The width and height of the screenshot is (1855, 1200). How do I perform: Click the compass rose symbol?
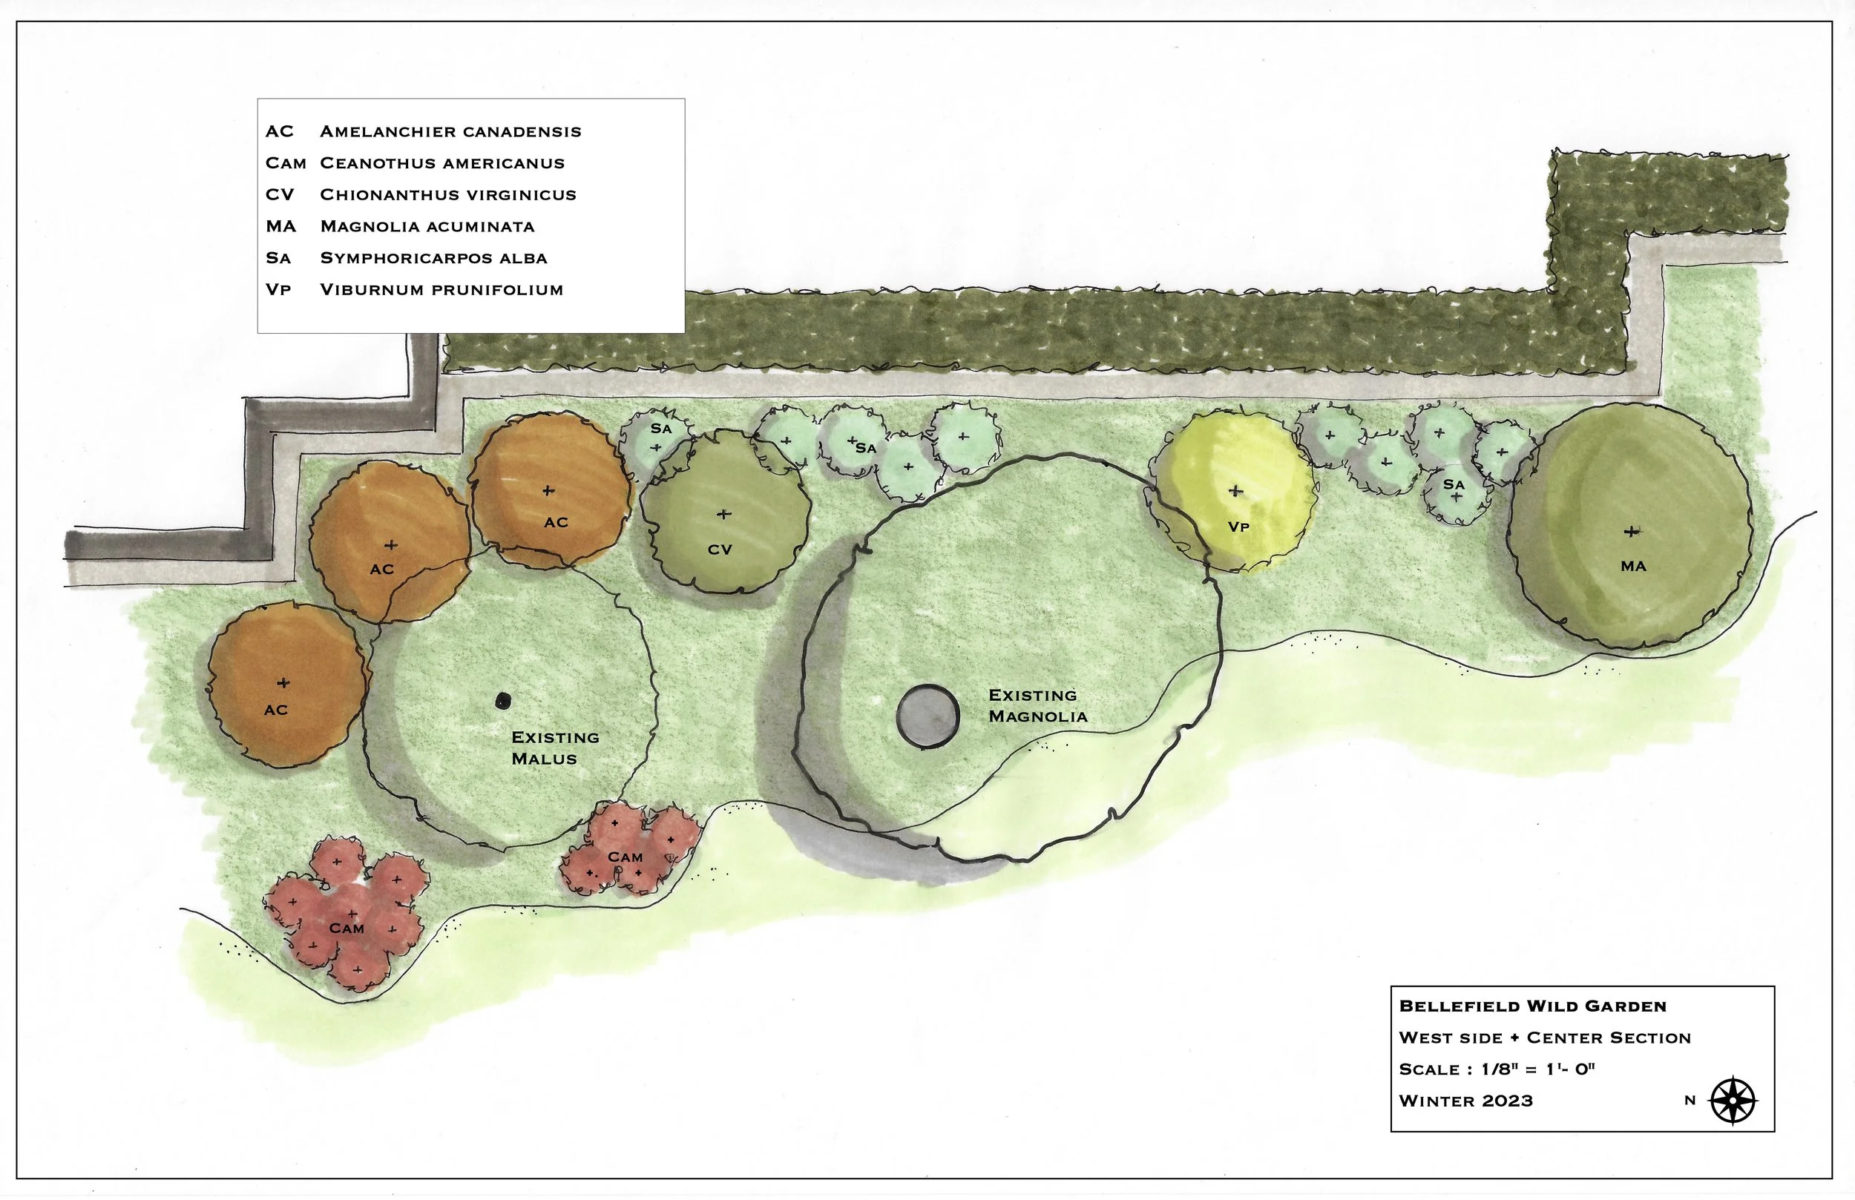point(1732,1101)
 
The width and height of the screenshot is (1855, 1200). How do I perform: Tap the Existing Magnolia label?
point(1037,705)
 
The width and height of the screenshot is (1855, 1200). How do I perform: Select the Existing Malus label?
point(555,748)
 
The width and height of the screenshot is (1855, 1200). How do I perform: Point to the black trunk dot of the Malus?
point(504,701)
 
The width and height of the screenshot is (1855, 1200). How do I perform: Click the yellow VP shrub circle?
point(1235,491)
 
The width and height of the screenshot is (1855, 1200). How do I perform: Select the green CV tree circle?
point(724,514)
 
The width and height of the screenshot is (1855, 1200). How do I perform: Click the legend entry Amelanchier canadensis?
point(450,131)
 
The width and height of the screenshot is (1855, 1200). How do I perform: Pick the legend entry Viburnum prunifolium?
point(441,290)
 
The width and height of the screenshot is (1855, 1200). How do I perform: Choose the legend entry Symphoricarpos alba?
point(433,258)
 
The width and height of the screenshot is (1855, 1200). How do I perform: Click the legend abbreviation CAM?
point(285,163)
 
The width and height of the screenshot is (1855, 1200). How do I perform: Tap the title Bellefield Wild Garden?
point(1532,1006)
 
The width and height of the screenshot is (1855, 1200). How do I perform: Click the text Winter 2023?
point(1465,1101)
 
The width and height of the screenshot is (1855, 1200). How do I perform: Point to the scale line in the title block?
point(1497,1069)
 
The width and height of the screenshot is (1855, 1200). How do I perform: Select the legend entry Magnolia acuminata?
point(427,227)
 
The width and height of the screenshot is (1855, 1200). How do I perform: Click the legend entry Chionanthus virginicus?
point(448,195)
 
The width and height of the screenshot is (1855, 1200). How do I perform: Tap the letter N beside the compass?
point(1690,1101)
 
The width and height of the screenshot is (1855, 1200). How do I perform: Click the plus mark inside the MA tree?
point(1630,532)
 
